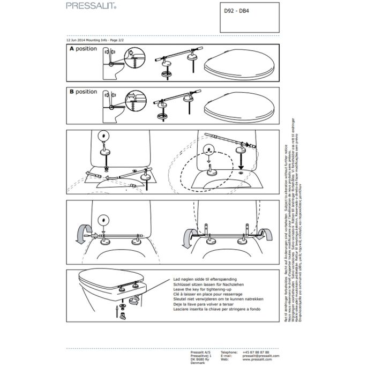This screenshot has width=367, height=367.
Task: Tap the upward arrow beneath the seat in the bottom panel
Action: click(x=117, y=310)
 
